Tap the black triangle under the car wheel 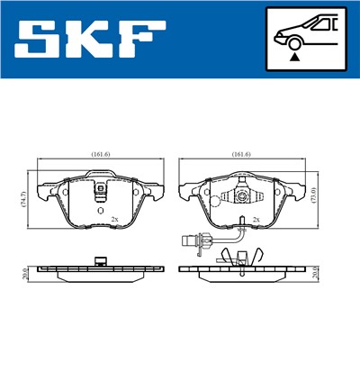(294, 56)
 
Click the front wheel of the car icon (294, 41)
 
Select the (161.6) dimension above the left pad (100, 154)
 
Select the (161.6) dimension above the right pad (241, 154)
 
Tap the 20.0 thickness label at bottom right (314, 273)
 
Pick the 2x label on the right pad (256, 219)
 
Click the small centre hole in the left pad (99, 209)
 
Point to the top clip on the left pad (101, 190)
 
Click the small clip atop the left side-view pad (101, 262)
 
